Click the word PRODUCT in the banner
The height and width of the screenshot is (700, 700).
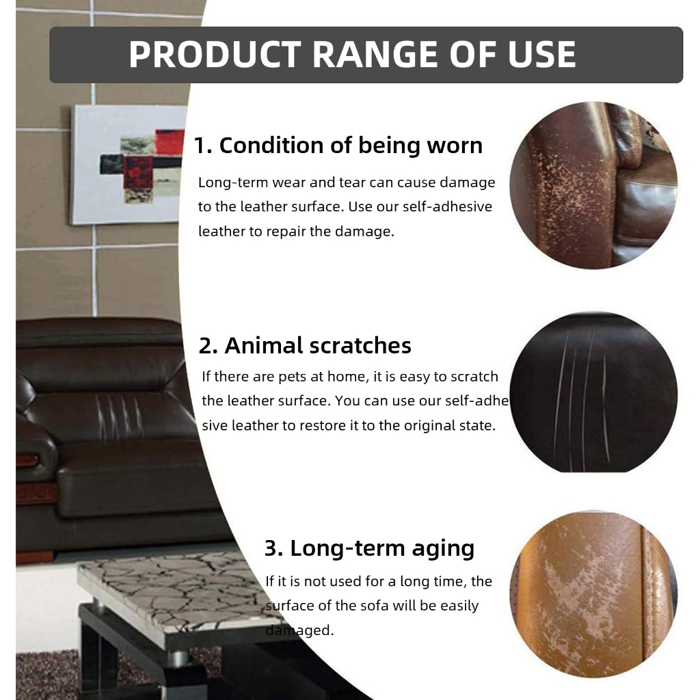click(x=215, y=55)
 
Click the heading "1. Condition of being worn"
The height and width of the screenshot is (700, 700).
click(x=338, y=146)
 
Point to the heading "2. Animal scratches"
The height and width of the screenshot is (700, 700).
click(x=305, y=345)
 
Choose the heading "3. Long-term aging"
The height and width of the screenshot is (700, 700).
click(x=369, y=549)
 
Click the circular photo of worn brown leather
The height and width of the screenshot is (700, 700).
click(x=593, y=185)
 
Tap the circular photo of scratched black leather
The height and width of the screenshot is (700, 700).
click(x=593, y=392)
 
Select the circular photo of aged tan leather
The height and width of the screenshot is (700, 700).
click(x=593, y=594)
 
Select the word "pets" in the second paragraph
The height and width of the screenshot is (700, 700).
click(x=292, y=377)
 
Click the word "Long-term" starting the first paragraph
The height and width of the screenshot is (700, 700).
click(x=233, y=183)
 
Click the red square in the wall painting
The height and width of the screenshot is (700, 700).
click(x=170, y=141)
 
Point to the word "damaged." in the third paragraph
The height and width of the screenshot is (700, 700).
click(x=299, y=630)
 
